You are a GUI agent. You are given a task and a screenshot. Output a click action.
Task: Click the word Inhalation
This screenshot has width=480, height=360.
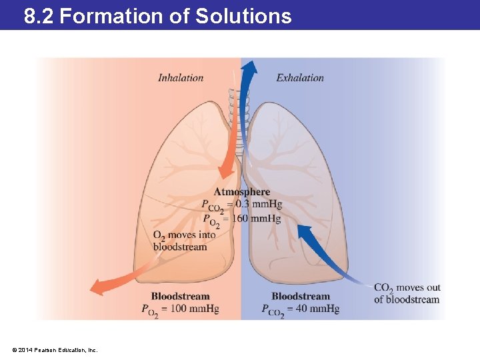181,78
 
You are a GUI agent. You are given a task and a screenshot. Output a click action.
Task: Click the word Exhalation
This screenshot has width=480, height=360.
300,78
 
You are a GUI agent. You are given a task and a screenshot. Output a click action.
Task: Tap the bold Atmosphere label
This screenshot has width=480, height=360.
242,192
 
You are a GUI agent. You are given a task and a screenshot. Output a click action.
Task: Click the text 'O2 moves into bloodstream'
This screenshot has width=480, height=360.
184,241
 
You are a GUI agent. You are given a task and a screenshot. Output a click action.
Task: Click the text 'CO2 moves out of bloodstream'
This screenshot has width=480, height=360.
407,293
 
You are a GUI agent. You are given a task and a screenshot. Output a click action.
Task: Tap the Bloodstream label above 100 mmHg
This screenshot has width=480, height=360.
180,296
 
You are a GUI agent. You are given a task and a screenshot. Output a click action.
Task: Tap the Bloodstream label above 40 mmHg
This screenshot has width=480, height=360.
301,296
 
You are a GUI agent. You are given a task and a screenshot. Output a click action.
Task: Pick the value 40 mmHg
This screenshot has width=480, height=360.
318,309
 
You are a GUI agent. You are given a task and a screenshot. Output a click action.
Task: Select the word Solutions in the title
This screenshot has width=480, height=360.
243,16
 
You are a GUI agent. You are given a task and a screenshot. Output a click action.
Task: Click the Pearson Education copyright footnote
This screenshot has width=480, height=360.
55,349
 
